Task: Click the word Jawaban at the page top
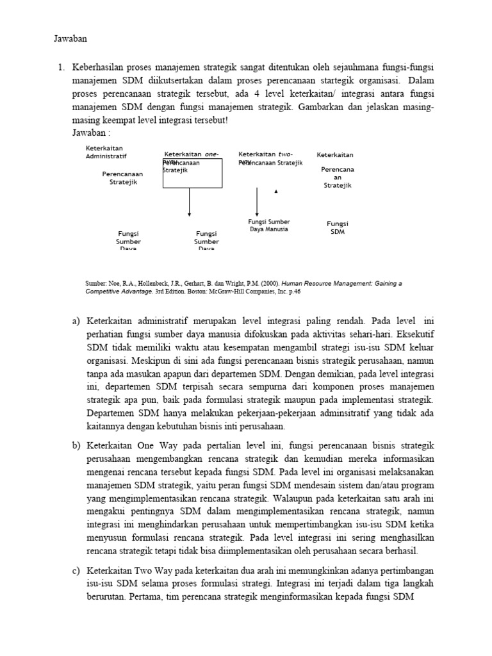tap(69, 39)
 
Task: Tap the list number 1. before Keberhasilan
tap(61, 67)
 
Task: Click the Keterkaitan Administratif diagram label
tap(106, 152)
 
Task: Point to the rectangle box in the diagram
tap(192, 174)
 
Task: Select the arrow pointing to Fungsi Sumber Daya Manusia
tap(257, 202)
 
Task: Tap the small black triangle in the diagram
tap(276, 191)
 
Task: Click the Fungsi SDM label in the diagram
tap(338, 228)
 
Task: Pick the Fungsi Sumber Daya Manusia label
tap(268, 225)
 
